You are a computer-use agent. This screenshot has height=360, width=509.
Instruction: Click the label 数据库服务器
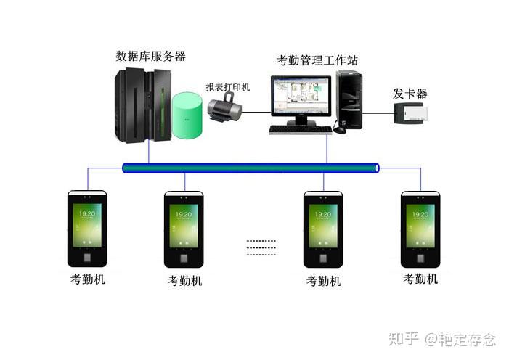(150, 56)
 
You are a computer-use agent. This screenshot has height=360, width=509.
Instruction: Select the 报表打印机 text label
(227, 86)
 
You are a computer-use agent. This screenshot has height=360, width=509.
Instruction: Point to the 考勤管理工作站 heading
(317, 60)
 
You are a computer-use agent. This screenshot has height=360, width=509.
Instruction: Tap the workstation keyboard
(300, 130)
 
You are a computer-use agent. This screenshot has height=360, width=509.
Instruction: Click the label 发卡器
(410, 94)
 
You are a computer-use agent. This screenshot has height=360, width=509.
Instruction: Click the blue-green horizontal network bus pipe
(251, 168)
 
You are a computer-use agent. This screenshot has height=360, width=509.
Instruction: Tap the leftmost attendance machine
(86, 228)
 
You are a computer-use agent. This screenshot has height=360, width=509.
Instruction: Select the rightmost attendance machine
(420, 228)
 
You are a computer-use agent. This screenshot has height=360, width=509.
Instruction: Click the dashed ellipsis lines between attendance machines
(261, 247)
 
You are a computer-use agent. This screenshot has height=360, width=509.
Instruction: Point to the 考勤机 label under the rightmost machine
(420, 279)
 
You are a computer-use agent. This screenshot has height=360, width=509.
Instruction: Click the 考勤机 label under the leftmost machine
(87, 279)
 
